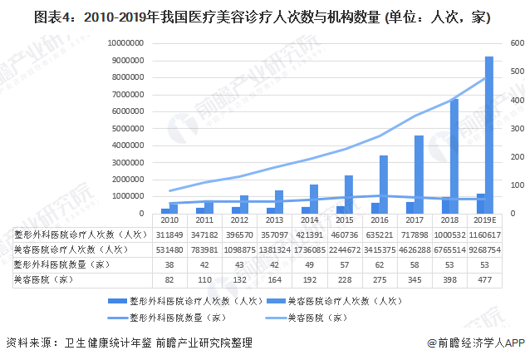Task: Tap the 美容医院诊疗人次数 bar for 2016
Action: click(384, 184)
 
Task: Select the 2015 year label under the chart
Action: click(345, 221)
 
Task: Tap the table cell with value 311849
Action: click(169, 234)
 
